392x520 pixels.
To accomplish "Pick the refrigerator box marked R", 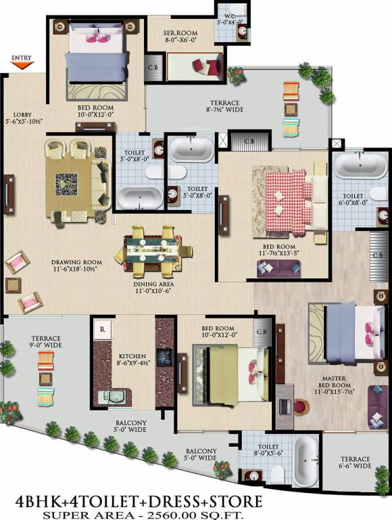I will point(101,329).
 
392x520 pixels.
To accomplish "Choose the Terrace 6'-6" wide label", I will point(355,462).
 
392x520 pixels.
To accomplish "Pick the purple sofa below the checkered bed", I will point(277,269).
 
